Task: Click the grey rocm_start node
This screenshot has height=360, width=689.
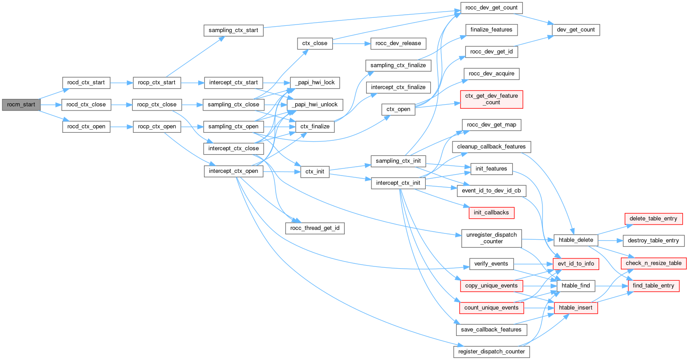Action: coord(21,105)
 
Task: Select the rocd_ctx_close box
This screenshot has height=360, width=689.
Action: coord(86,105)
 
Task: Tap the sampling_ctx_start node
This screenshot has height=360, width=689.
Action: coord(233,31)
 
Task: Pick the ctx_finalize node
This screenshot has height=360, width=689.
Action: coord(315,127)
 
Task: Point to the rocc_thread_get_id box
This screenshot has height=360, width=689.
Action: coord(315,228)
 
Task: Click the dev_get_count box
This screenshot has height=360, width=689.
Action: coord(576,29)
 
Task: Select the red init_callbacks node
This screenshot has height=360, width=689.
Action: coord(491,213)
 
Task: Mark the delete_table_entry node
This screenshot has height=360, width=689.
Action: coord(653,218)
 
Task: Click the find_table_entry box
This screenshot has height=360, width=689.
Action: coord(653,286)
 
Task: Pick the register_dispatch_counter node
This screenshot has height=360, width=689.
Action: coord(492,352)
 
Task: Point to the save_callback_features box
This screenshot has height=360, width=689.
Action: coord(492,330)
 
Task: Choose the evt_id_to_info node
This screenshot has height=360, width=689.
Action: coord(576,263)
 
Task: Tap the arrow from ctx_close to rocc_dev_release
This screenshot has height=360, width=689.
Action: coord(351,44)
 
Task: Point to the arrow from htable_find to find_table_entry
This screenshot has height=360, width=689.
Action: coord(612,286)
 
